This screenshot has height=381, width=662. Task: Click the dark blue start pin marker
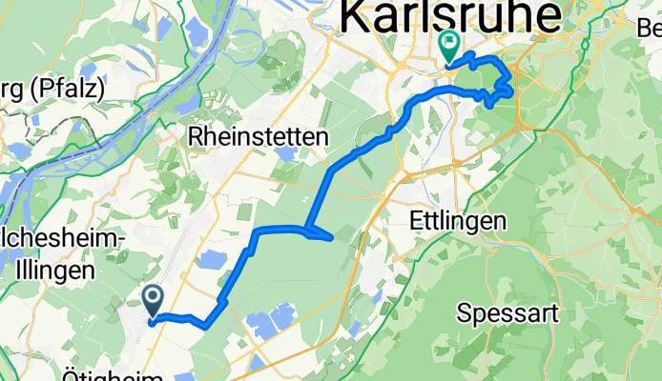(x=154, y=301)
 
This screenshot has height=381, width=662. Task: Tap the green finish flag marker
(x=448, y=45)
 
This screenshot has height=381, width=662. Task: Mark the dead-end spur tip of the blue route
(x=331, y=237)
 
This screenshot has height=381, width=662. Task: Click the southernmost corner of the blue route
(x=205, y=326)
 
